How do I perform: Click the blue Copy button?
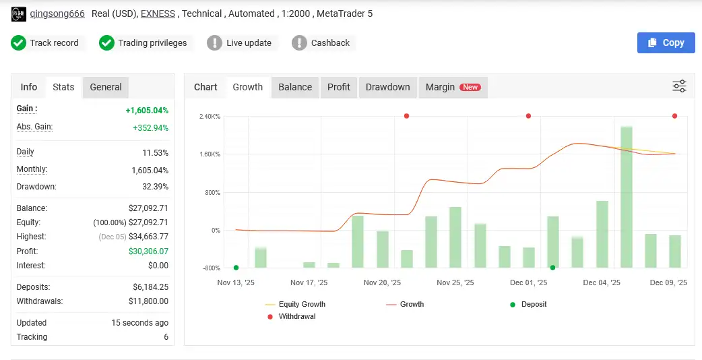coord(666,42)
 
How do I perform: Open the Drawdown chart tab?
coord(387,87)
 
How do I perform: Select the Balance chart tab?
coord(295,87)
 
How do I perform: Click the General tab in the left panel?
coord(106,87)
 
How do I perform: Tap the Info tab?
coord(29,87)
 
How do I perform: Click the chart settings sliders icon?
coord(679,86)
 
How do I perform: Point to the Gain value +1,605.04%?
coord(147,111)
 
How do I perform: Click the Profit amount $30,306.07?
coord(148,251)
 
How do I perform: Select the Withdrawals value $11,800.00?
coord(148,301)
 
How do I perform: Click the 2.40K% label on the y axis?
coord(210,117)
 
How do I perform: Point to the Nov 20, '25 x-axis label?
coord(382,283)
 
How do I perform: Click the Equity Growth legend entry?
coord(302,305)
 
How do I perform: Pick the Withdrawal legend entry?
coord(296,316)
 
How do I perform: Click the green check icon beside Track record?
coord(18,43)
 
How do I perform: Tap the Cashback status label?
coord(330,43)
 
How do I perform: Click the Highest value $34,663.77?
coord(148,237)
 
